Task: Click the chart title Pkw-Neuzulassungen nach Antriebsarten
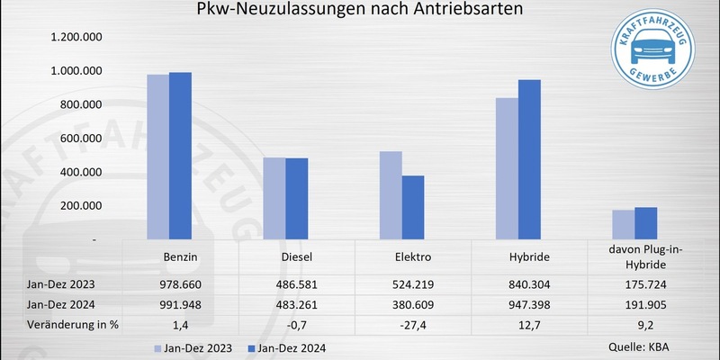tap(360, 12)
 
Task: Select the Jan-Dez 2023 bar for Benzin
tap(157, 157)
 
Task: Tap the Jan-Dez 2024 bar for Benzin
tap(181, 157)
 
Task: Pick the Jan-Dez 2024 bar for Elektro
tap(413, 208)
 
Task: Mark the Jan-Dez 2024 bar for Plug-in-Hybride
tap(646, 224)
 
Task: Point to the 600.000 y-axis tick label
tap(76, 139)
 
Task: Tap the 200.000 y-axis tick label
tap(76, 206)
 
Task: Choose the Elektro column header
tap(413, 257)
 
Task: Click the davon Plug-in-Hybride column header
tap(645, 256)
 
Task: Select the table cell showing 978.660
tap(181, 283)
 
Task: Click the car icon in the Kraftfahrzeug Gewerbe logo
tap(656, 53)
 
